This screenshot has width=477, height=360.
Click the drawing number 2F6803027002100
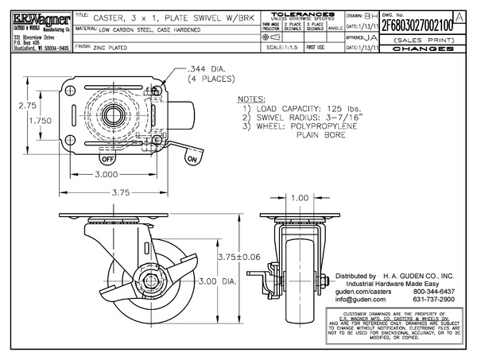coord(417,25)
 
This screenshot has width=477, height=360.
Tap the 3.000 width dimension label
coord(114,174)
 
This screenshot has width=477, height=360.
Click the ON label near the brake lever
coord(191,160)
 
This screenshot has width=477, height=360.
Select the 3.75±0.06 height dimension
coord(238,257)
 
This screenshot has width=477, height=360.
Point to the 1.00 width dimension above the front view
coord(301,198)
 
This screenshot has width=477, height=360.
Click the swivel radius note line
coord(304,118)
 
